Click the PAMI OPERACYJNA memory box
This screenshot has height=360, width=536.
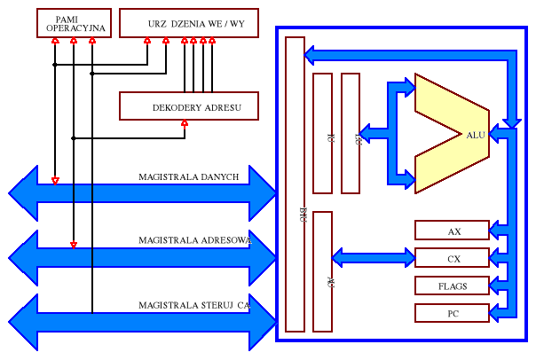(x=75, y=23)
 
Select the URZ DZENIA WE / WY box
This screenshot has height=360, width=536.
(x=188, y=23)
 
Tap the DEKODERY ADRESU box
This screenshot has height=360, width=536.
(x=189, y=106)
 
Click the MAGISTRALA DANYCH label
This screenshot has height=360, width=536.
(x=188, y=177)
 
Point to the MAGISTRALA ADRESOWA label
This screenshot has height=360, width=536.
(x=195, y=240)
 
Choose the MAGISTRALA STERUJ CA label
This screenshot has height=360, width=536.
(x=193, y=305)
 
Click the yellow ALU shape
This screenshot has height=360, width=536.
(x=453, y=133)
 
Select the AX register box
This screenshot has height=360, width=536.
(x=452, y=231)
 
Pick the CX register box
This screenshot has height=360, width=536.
(x=452, y=258)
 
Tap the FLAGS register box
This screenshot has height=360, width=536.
(x=452, y=286)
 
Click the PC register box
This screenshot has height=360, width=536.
(x=452, y=313)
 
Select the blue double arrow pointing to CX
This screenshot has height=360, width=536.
(x=373, y=258)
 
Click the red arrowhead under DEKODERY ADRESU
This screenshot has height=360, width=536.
(x=184, y=123)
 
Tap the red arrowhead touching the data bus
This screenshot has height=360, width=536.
(x=55, y=181)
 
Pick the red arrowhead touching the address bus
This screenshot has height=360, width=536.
(x=74, y=245)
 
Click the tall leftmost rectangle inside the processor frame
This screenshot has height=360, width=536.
(x=295, y=184)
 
